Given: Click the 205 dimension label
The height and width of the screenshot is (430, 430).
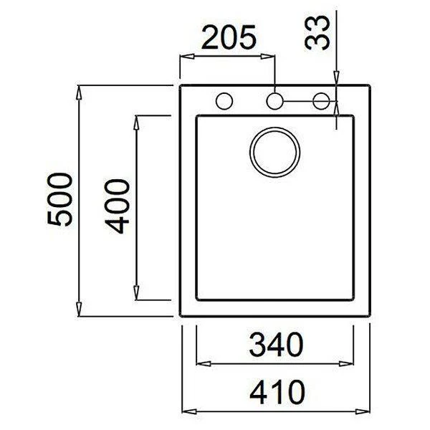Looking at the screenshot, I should [227, 38].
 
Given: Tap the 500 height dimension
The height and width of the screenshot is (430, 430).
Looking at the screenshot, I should [61, 199].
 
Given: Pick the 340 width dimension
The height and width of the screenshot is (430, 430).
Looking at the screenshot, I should [274, 346].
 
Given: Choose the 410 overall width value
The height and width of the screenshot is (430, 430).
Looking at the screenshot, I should [274, 393].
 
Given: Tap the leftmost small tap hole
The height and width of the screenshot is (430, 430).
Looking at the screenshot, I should [224, 100].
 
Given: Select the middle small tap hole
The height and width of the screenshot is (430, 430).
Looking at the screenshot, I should [275, 100].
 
